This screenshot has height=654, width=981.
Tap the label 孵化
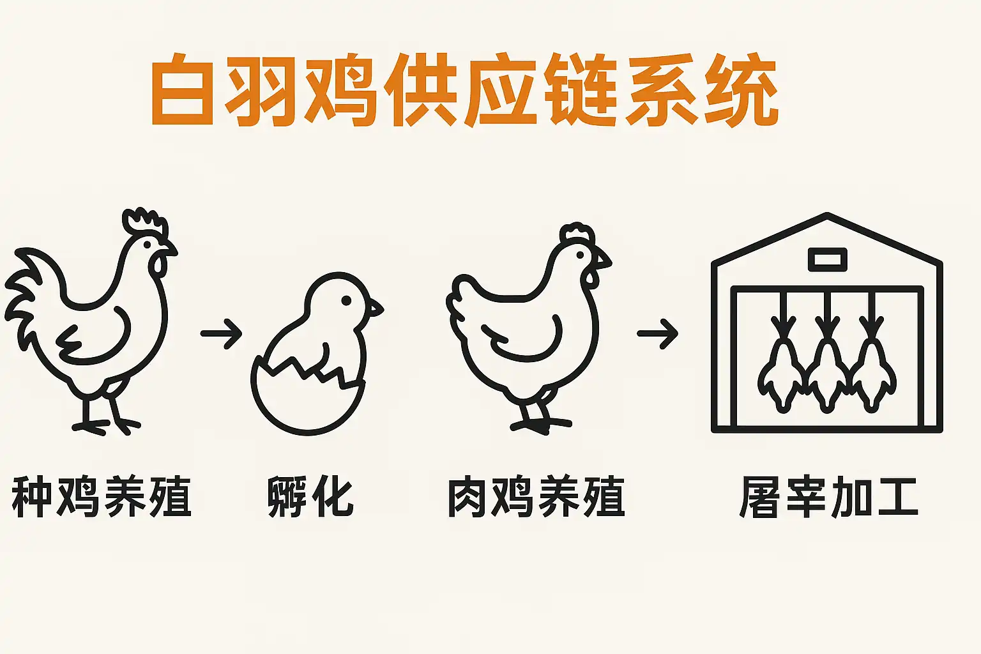[x=310, y=497]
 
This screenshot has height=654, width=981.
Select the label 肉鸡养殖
[x=535, y=497]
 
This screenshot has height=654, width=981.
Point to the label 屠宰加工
[x=828, y=497]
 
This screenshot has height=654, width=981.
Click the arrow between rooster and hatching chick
[x=221, y=333]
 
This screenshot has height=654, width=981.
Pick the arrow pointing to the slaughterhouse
[x=657, y=333]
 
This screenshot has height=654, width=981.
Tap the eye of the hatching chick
[x=346, y=300]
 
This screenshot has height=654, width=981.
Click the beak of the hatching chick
[x=375, y=308]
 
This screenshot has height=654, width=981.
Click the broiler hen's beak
[x=603, y=260]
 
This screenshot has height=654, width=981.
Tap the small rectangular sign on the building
[x=827, y=259]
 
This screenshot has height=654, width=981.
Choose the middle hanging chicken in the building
[x=827, y=370]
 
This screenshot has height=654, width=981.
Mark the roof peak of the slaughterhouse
[x=827, y=216]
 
